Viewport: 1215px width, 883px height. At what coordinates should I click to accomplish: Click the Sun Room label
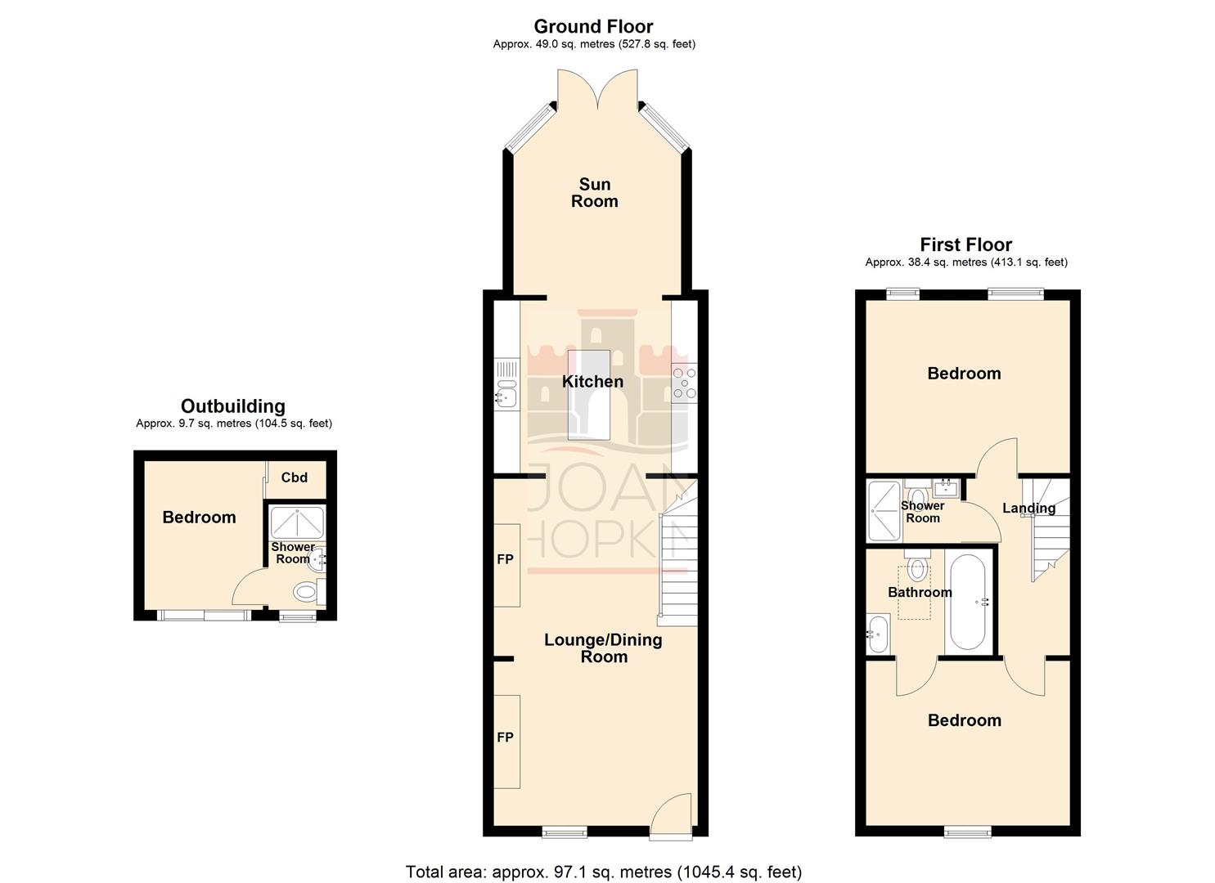(594, 193)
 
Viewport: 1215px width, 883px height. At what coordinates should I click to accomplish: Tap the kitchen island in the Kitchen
(588, 395)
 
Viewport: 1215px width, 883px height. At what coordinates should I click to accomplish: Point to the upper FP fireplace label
(505, 559)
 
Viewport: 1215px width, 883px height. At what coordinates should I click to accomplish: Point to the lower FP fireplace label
(505, 737)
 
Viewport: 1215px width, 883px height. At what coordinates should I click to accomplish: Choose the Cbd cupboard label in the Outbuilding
(294, 477)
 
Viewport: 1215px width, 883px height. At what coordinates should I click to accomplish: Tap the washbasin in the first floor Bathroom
(877, 634)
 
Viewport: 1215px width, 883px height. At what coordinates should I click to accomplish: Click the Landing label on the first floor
(1028, 508)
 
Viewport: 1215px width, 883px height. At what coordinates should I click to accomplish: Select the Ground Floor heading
(593, 27)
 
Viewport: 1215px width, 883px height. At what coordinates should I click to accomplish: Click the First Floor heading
(965, 244)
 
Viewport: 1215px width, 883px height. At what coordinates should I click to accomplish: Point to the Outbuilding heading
(233, 406)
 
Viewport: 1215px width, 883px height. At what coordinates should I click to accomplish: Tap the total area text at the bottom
(604, 872)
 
